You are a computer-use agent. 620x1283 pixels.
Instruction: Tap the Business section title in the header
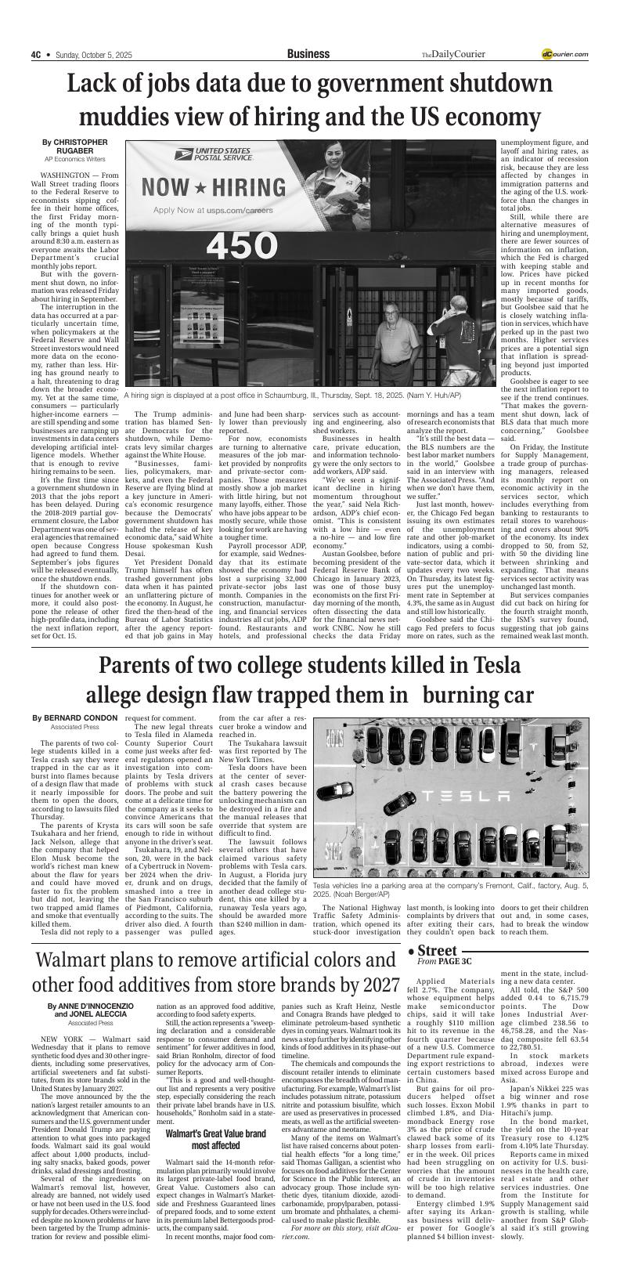point(308,54)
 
